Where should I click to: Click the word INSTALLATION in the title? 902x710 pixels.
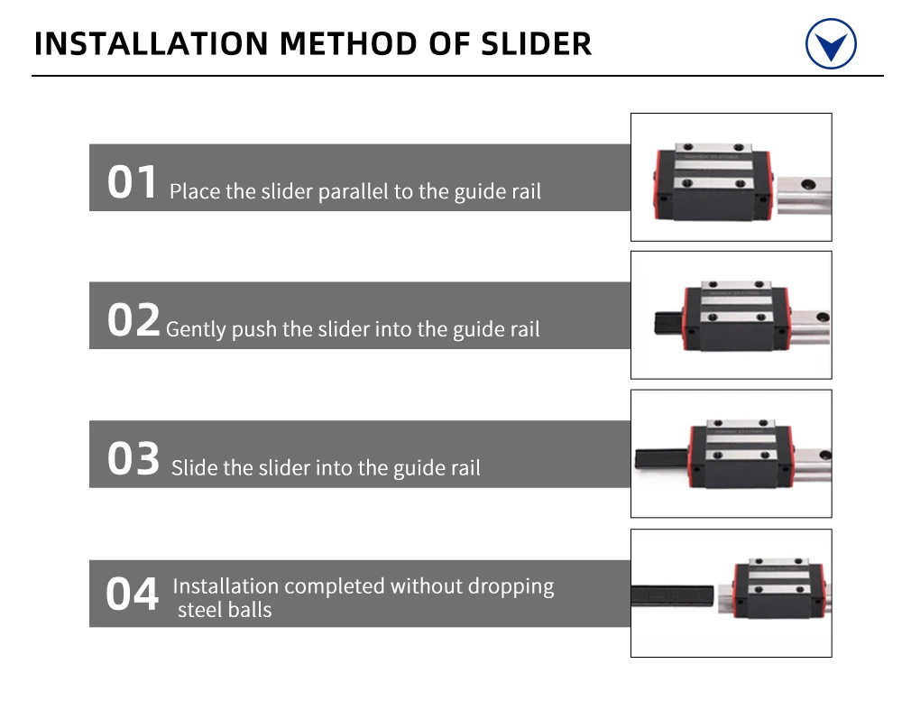tap(152, 43)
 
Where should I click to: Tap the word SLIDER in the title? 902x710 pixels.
tap(536, 43)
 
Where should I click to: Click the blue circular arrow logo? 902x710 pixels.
tap(831, 43)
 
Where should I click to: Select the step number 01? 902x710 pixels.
tap(132, 182)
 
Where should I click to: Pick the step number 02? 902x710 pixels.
tap(133, 319)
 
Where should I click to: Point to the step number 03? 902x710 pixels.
tap(133, 458)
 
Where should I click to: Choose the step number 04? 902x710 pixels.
tap(133, 594)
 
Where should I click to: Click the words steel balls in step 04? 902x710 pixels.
tap(225, 610)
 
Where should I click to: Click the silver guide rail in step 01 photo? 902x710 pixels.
tap(804, 195)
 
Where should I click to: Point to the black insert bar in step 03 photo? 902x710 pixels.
tap(661, 458)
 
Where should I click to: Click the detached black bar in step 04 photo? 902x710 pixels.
tap(672, 595)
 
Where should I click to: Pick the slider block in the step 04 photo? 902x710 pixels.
tap(779, 587)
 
